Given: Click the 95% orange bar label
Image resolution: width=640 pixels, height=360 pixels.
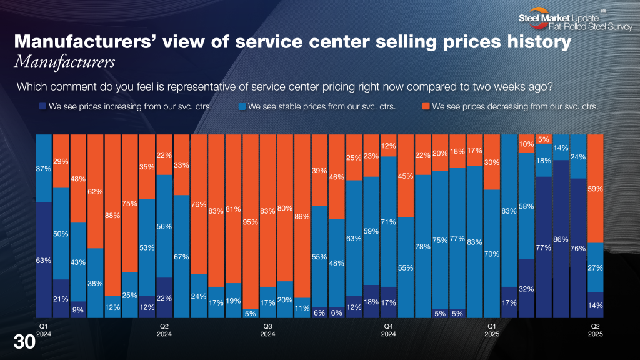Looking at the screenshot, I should (x=251, y=222).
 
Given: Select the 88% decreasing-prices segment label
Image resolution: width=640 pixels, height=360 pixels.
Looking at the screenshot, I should (x=112, y=216).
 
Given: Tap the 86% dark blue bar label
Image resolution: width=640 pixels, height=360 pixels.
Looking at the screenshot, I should (x=561, y=239).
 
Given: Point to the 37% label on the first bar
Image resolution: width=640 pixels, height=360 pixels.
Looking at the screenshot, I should (x=44, y=168).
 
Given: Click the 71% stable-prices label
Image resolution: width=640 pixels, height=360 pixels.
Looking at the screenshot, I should (x=389, y=222).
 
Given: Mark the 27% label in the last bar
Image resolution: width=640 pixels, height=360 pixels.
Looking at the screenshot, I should (x=595, y=267).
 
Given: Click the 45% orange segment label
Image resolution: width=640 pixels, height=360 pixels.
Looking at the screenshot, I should (x=406, y=176).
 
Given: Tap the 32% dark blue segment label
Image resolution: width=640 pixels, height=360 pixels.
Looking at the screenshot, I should (x=526, y=289).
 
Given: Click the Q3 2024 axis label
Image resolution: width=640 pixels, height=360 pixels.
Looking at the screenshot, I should (x=267, y=330).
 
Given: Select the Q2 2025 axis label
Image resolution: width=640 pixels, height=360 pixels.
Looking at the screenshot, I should (x=595, y=330).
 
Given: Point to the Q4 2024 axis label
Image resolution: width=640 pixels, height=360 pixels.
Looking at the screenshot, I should (x=389, y=330).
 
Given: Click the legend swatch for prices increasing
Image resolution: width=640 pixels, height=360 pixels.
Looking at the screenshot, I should (x=42, y=106).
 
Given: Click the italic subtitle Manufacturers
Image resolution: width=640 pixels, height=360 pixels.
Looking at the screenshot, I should (x=64, y=62).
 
